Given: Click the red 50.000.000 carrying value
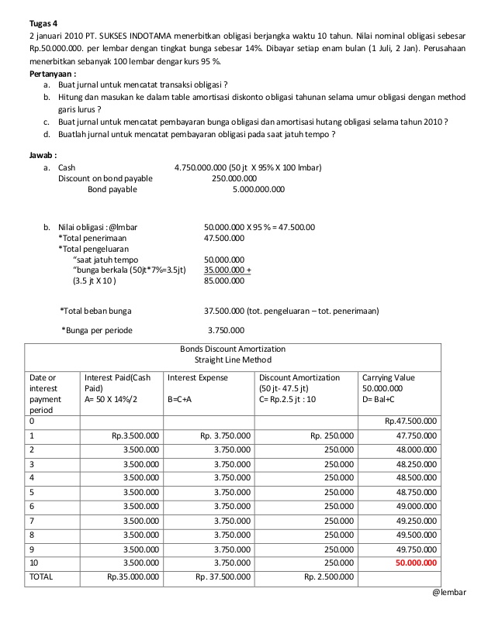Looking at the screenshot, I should click(x=416, y=563).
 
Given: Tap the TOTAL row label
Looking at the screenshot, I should click(x=42, y=576).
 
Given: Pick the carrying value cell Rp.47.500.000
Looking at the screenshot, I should click(x=410, y=421).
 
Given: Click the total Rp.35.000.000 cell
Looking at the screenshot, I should click(x=133, y=576).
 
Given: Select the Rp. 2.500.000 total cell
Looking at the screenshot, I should click(x=328, y=576).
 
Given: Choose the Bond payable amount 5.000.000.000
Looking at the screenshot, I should click(x=258, y=188).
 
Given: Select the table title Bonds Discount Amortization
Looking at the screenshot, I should click(x=233, y=349).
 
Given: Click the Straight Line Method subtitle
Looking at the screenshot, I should click(x=233, y=360).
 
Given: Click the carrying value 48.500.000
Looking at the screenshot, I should click(x=416, y=477).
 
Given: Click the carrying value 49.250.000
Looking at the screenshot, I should click(x=416, y=520).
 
